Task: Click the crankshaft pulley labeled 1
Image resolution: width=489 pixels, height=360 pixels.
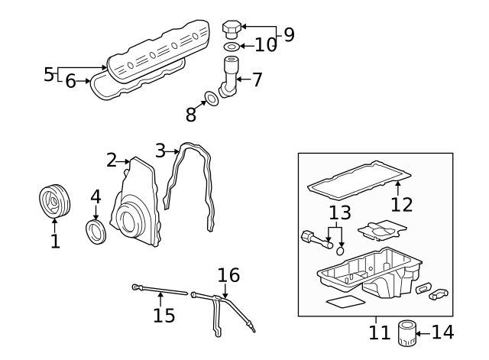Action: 54,202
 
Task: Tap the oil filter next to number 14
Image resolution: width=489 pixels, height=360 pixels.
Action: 406,333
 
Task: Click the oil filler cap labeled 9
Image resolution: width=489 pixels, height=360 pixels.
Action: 232,29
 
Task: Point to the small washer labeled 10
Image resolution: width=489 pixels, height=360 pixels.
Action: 232,47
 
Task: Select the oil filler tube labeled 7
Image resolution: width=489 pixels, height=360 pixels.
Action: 228,76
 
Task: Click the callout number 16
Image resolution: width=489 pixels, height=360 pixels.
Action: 228,275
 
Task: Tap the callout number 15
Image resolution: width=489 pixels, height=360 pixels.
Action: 164,314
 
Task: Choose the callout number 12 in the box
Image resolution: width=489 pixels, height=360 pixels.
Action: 401,204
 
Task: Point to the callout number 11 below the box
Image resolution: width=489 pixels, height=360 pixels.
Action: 375,333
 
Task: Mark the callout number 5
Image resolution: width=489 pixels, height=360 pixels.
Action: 49,74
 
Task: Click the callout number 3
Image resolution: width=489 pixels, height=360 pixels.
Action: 160,151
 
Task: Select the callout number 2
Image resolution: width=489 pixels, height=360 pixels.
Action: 112,160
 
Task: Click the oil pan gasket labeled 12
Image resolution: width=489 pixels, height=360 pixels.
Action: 355,177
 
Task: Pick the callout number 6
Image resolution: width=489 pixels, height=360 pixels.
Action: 70,80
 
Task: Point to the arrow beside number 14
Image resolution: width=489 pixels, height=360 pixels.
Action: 423,332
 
